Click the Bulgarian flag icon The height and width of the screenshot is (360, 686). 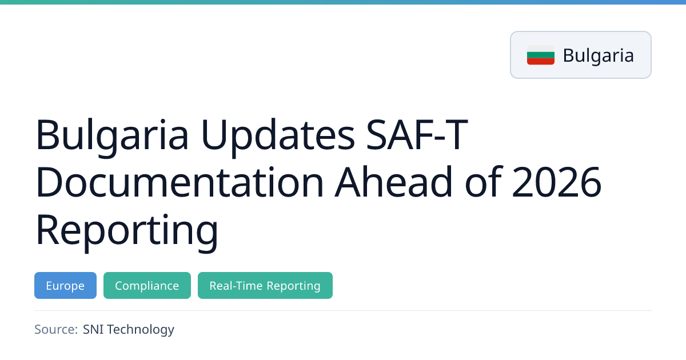click(541, 55)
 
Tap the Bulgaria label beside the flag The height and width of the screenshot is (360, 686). click(598, 55)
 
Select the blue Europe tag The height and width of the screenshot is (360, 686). click(65, 285)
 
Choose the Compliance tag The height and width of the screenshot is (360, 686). click(147, 285)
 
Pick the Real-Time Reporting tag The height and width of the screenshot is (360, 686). click(265, 285)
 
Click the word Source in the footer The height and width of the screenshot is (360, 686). click(56, 329)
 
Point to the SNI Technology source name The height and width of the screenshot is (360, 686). click(128, 330)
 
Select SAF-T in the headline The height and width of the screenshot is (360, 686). click(417, 134)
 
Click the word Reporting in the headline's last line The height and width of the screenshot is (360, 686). click(127, 230)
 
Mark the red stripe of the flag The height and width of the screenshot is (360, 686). click(541, 62)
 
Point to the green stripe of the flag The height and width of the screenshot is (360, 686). click(541, 55)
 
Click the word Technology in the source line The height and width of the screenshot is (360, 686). click(141, 330)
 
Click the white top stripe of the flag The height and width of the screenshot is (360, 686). click(541, 49)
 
